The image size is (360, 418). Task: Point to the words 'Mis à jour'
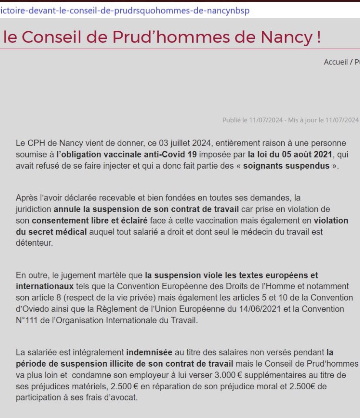click(x=303, y=120)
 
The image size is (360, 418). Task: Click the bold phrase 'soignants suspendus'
click(x=293, y=167)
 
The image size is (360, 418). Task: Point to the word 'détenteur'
click(x=34, y=243)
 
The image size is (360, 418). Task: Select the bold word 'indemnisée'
click(x=149, y=351)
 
